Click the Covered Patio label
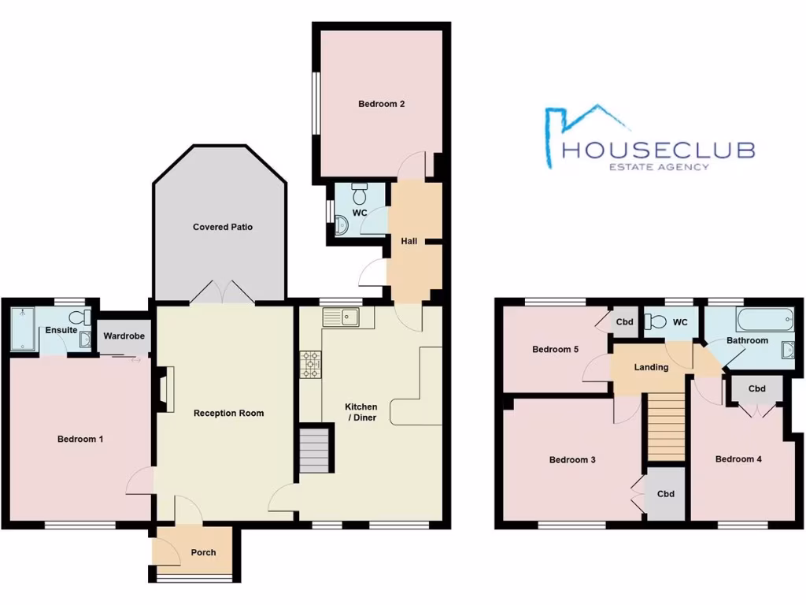[x=223, y=227]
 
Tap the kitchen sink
[x=341, y=317]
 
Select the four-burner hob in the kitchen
[x=311, y=365]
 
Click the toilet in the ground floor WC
[x=360, y=194]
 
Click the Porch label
[x=203, y=552]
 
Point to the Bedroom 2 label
[x=381, y=103]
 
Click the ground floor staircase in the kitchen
[x=314, y=451]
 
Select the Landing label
[x=651, y=367]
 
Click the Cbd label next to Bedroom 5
[x=625, y=322]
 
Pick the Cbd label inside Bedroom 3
[x=666, y=494]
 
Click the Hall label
[x=409, y=241]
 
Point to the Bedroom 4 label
[x=738, y=458]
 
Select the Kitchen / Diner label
[x=361, y=412]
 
